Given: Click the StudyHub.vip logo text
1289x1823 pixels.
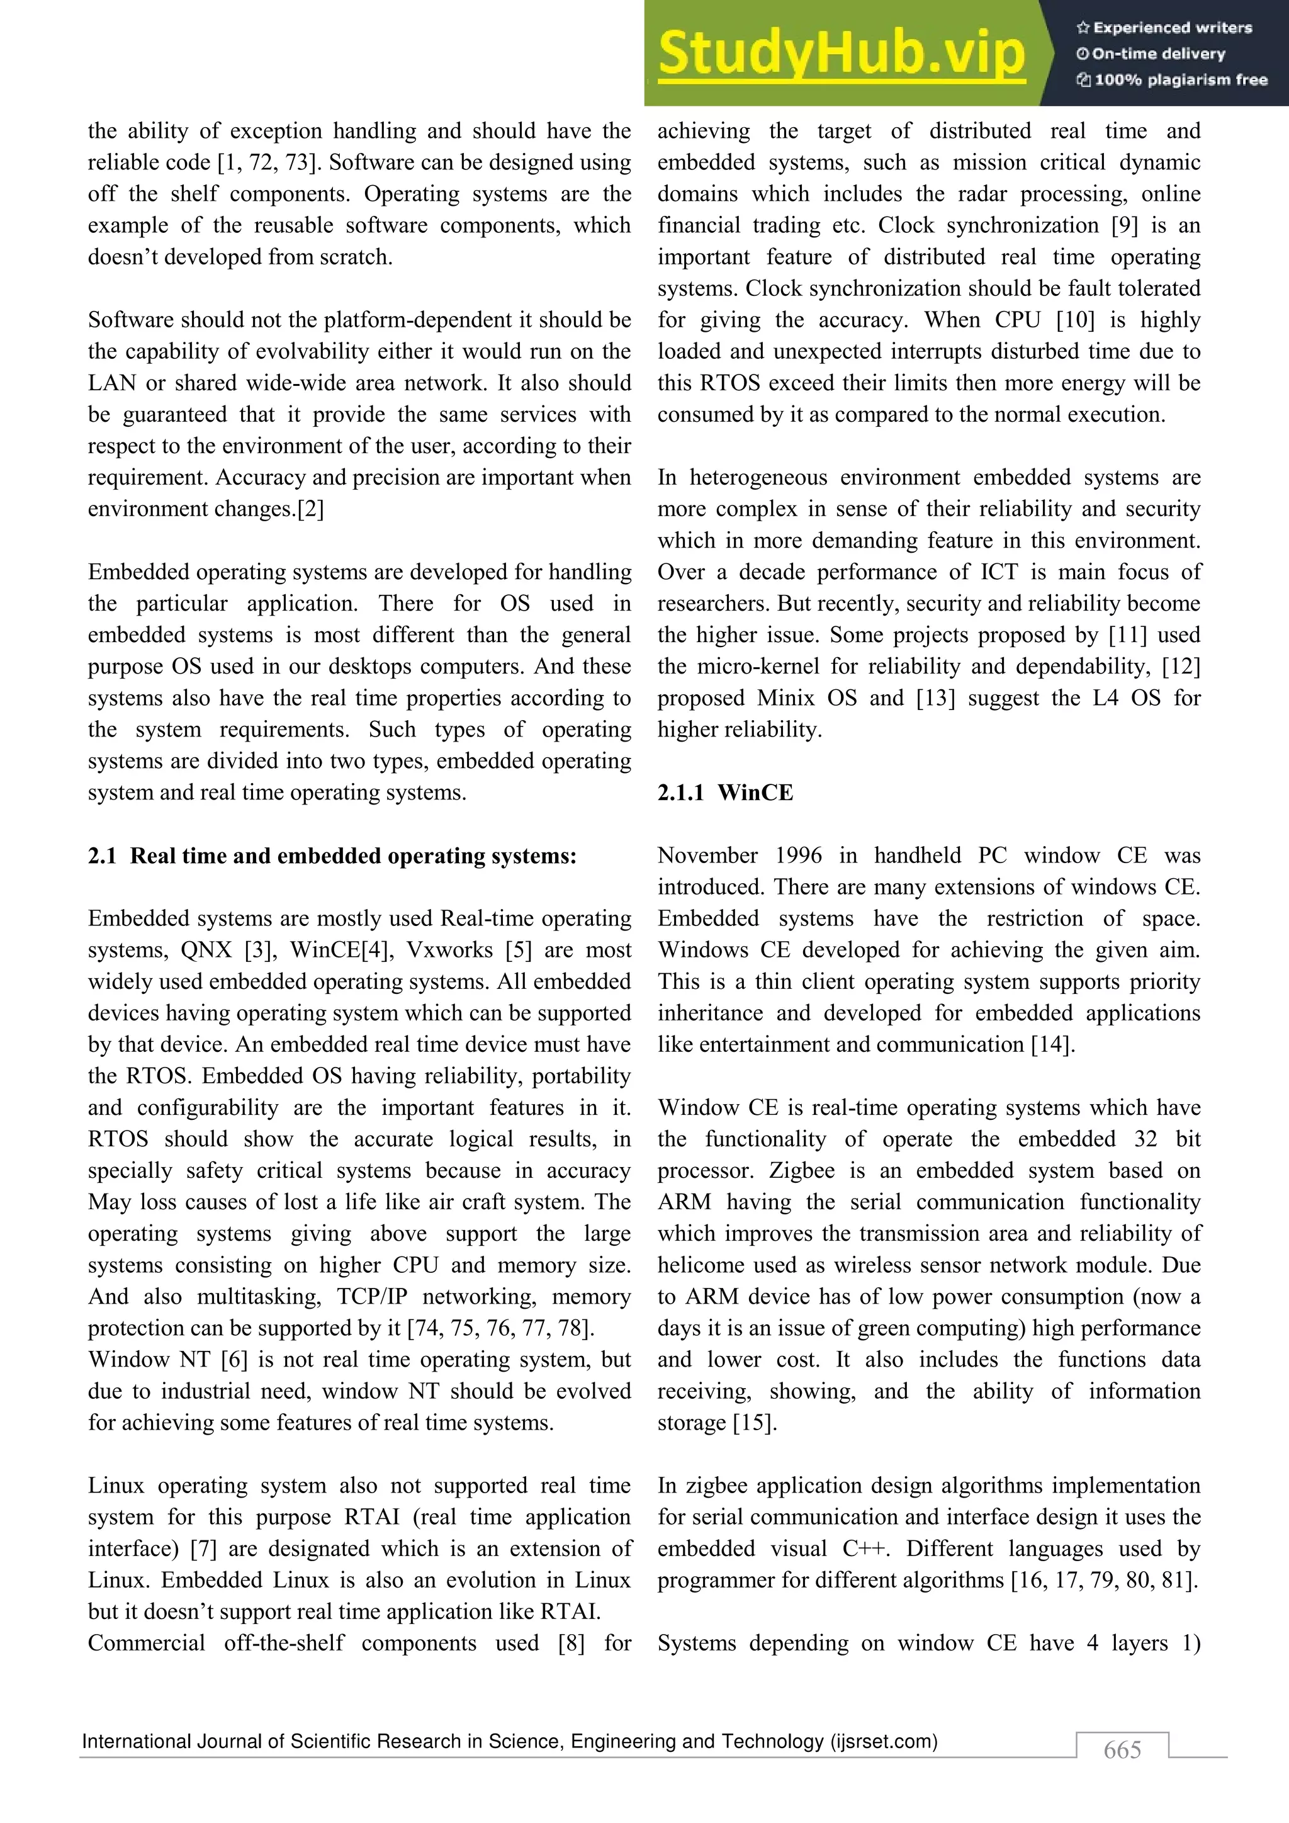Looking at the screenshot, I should [x=842, y=54].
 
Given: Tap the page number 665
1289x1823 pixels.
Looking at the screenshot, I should [x=1122, y=1750].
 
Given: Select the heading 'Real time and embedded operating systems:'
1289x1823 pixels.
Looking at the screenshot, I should [x=353, y=856].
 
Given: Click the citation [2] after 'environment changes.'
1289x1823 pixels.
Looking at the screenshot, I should [x=310, y=509].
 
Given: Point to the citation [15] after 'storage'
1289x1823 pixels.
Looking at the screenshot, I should [x=755, y=1423].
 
